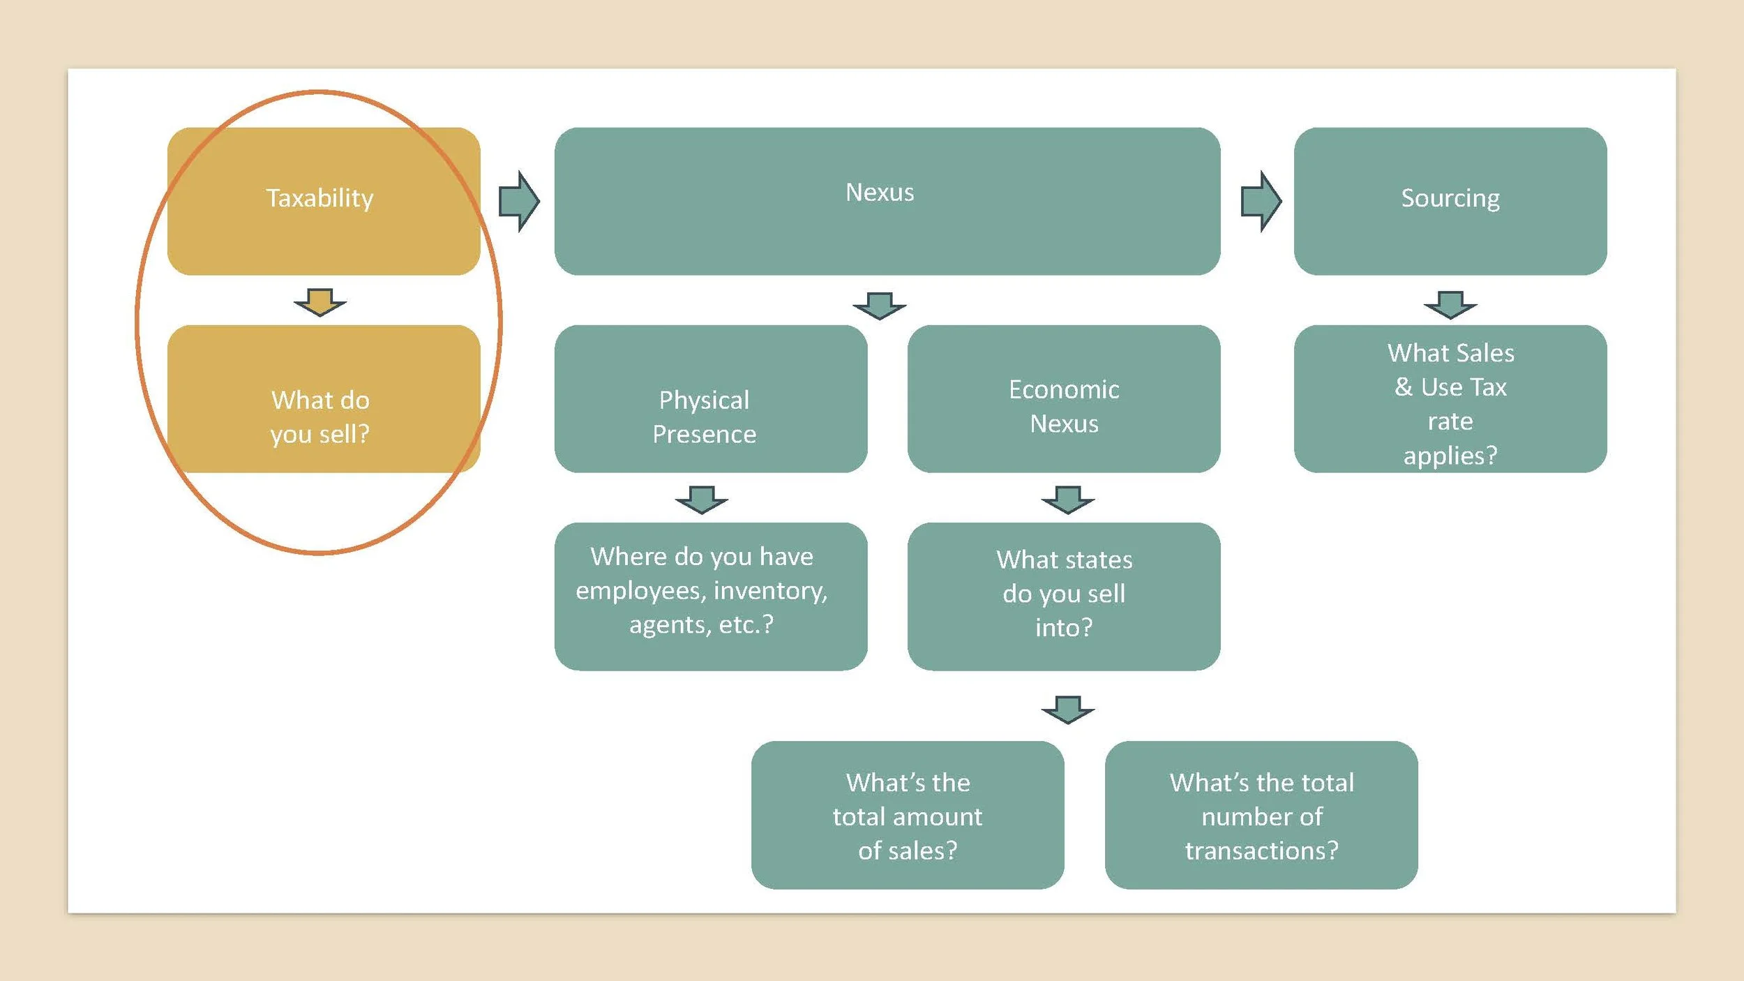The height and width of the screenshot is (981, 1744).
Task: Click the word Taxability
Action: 320,198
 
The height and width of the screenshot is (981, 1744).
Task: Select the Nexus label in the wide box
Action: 880,193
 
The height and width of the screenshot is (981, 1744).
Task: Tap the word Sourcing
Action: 1450,198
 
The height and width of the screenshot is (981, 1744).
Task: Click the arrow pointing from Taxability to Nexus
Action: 519,201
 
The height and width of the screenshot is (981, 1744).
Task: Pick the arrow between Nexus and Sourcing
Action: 1261,201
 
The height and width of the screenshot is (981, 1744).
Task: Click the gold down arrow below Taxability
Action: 320,302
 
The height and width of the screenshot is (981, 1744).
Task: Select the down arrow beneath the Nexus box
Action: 880,306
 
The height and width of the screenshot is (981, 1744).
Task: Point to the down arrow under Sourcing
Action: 1450,305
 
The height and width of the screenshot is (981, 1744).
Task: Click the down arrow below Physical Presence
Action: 702,500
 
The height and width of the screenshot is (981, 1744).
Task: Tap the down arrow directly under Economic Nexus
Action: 1068,500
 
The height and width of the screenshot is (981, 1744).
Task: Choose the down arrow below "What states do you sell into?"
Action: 1068,710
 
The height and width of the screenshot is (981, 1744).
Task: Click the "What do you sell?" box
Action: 321,417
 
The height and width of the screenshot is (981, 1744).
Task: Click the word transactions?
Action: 1262,851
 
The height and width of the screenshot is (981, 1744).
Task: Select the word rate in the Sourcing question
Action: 1450,421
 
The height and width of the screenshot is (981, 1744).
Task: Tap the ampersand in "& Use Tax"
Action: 1403,387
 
